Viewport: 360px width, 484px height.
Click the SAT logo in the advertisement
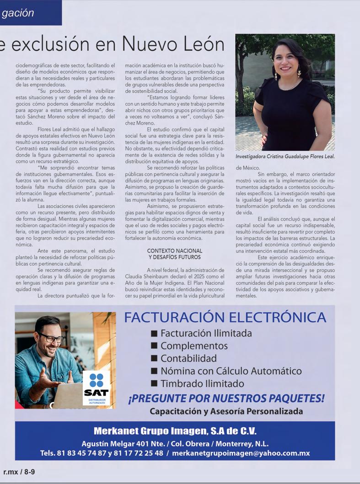pos(96,387)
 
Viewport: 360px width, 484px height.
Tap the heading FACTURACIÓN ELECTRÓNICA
pos(225,317)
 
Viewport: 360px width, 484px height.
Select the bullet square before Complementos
pos(154,346)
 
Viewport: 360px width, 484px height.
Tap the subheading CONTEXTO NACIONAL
pos(175,251)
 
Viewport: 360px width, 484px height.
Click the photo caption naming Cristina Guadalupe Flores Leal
pos(285,157)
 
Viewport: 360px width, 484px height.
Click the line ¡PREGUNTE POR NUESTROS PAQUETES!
pos(226,398)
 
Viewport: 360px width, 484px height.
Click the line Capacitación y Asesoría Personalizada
pos(226,411)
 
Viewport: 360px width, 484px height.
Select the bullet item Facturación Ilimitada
pos(206,333)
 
